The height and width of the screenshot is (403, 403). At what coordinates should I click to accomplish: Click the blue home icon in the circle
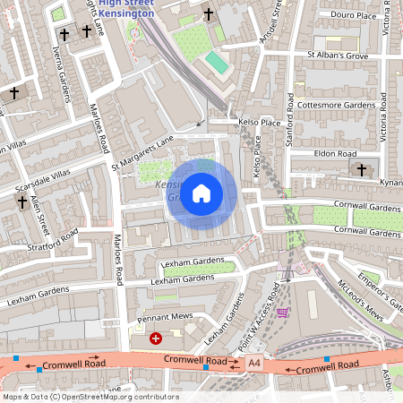pyautogui.click(x=201, y=193)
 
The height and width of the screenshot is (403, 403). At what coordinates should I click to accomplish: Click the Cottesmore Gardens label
pyautogui.click(x=340, y=105)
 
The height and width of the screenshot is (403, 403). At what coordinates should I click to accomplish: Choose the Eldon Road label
pyautogui.click(x=335, y=153)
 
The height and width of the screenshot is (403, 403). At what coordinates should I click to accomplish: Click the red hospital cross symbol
pyautogui.click(x=156, y=339)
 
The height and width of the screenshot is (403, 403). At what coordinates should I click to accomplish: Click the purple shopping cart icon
pyautogui.click(x=284, y=313)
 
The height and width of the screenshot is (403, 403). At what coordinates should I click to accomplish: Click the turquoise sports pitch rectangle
pyautogui.click(x=218, y=64)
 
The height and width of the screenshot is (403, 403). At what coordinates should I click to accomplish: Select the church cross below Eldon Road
pyautogui.click(x=362, y=169)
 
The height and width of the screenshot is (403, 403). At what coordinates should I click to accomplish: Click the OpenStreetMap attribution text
pyautogui.click(x=90, y=396)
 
